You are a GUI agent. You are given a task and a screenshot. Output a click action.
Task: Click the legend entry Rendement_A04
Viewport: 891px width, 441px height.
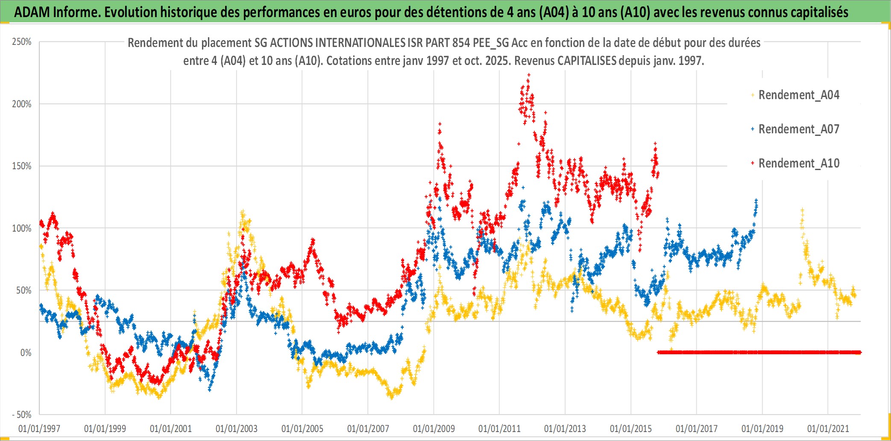798,95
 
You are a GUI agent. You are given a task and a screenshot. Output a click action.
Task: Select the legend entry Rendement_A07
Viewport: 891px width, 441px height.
798,129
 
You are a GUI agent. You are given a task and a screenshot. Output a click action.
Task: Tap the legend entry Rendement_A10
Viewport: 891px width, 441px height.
798,163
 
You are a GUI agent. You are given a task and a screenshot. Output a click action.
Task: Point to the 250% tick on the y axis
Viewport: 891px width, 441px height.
22,42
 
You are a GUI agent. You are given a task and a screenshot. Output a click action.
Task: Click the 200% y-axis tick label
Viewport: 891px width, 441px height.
22,104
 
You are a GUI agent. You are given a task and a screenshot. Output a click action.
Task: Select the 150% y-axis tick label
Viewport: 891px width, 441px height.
22,166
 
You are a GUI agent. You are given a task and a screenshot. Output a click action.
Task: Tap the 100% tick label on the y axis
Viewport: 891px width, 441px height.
22,228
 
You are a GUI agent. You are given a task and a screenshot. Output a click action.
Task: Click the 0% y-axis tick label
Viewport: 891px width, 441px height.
26,353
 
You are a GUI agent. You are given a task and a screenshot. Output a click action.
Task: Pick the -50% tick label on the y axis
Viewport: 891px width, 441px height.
22,415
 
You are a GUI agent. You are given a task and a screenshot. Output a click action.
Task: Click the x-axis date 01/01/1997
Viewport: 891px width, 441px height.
39,428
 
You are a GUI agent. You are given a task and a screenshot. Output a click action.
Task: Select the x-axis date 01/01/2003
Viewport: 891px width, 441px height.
236,428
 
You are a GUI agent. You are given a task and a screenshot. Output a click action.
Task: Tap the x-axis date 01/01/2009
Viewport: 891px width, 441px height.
434,428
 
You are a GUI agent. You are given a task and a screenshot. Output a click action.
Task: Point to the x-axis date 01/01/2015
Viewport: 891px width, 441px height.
630,428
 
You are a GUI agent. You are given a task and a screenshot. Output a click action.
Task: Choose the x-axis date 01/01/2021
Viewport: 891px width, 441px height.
828,428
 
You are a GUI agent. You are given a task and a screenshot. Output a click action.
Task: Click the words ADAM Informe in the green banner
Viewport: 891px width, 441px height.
56,12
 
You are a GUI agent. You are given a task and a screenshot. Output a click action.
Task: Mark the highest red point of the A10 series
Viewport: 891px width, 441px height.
529,75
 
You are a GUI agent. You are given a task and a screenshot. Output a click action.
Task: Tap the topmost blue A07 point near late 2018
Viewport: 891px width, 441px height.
756,200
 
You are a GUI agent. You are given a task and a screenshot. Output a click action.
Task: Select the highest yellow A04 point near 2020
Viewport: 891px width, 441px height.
802,210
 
